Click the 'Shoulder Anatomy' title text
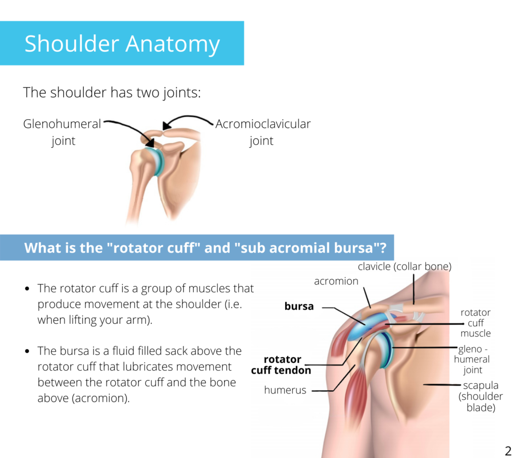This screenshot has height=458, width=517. tap(122, 44)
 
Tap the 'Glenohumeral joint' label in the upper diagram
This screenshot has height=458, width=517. tap(62, 132)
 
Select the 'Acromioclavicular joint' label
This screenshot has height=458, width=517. tap(263, 132)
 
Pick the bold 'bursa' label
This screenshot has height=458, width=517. tap(299, 307)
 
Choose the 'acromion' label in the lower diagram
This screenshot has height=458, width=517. tap(336, 281)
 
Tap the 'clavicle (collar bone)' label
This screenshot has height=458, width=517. tap(404, 267)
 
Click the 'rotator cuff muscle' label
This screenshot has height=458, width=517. tap(476, 323)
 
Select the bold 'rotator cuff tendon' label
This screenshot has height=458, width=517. tap(281, 365)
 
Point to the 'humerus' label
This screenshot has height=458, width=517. tap(285, 390)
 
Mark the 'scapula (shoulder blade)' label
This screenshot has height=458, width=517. tap(481, 396)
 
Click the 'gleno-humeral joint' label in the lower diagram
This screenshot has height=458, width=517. tap(472, 360)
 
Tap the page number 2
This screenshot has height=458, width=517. tap(508, 450)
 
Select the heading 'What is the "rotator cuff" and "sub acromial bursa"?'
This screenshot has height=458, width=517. tap(205, 248)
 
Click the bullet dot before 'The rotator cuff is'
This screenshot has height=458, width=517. tap(27, 289)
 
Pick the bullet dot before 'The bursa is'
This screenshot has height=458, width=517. tap(27, 351)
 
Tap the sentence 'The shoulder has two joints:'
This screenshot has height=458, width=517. tap(112, 92)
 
